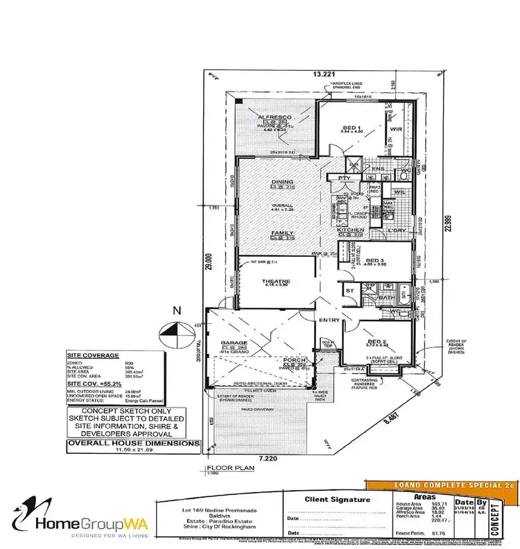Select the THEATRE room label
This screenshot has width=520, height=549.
click(275, 281)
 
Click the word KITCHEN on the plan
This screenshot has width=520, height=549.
click(351, 230)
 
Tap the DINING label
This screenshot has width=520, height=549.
click(284, 182)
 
